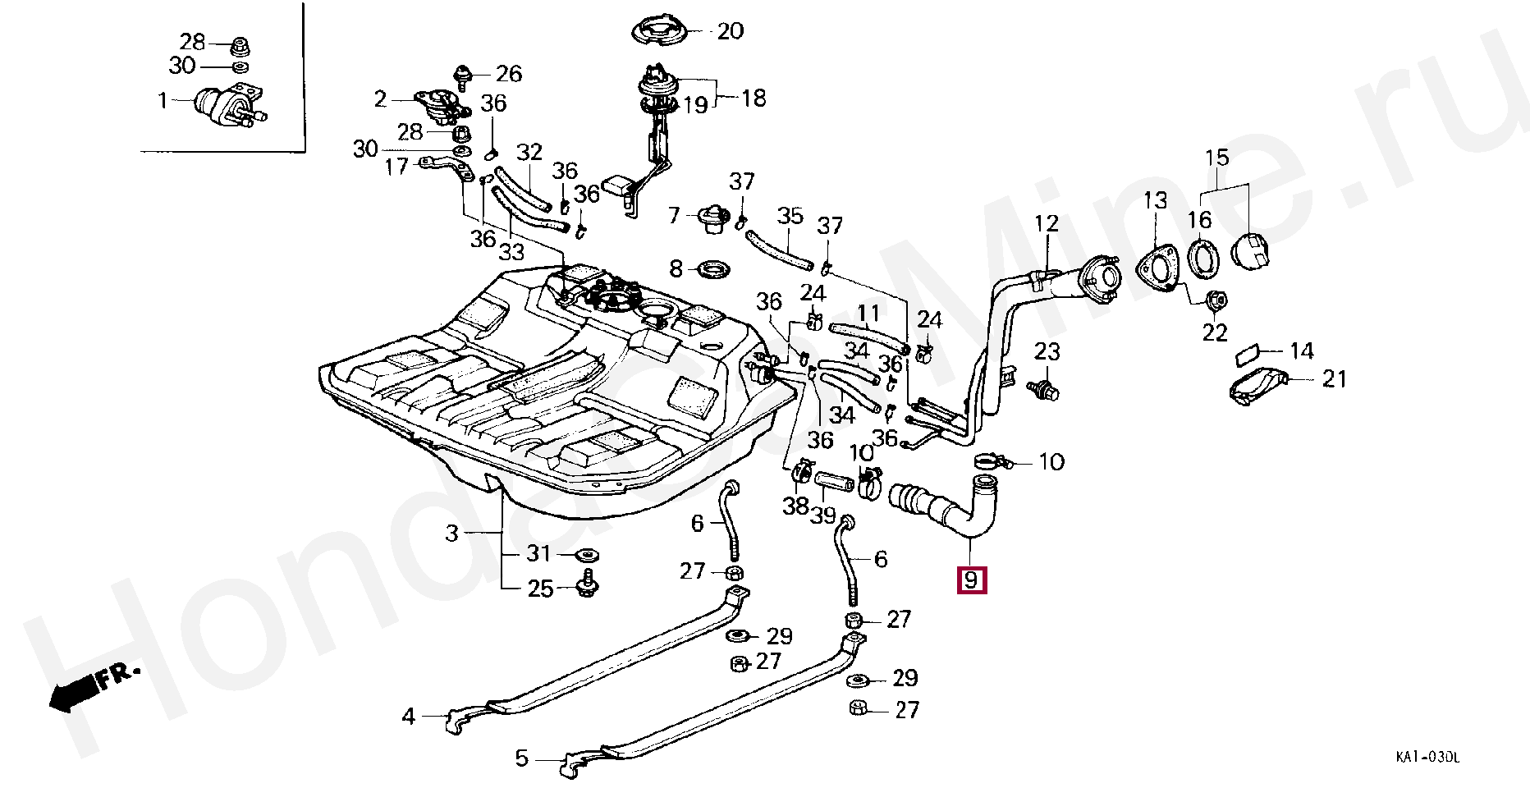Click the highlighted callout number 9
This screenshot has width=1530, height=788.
[x=971, y=580]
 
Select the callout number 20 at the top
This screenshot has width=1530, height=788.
[x=730, y=31]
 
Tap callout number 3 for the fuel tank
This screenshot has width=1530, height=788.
[x=451, y=534]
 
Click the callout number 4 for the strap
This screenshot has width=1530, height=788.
[x=408, y=717]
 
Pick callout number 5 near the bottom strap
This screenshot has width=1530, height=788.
[x=521, y=758]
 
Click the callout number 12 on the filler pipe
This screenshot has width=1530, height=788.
[x=1047, y=223]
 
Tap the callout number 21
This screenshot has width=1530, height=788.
[x=1335, y=378]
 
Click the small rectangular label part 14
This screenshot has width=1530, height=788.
[x=1248, y=355]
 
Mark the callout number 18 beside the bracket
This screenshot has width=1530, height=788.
[x=754, y=98]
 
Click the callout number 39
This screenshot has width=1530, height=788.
[x=822, y=515]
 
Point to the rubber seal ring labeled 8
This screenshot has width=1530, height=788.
[x=712, y=268]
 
